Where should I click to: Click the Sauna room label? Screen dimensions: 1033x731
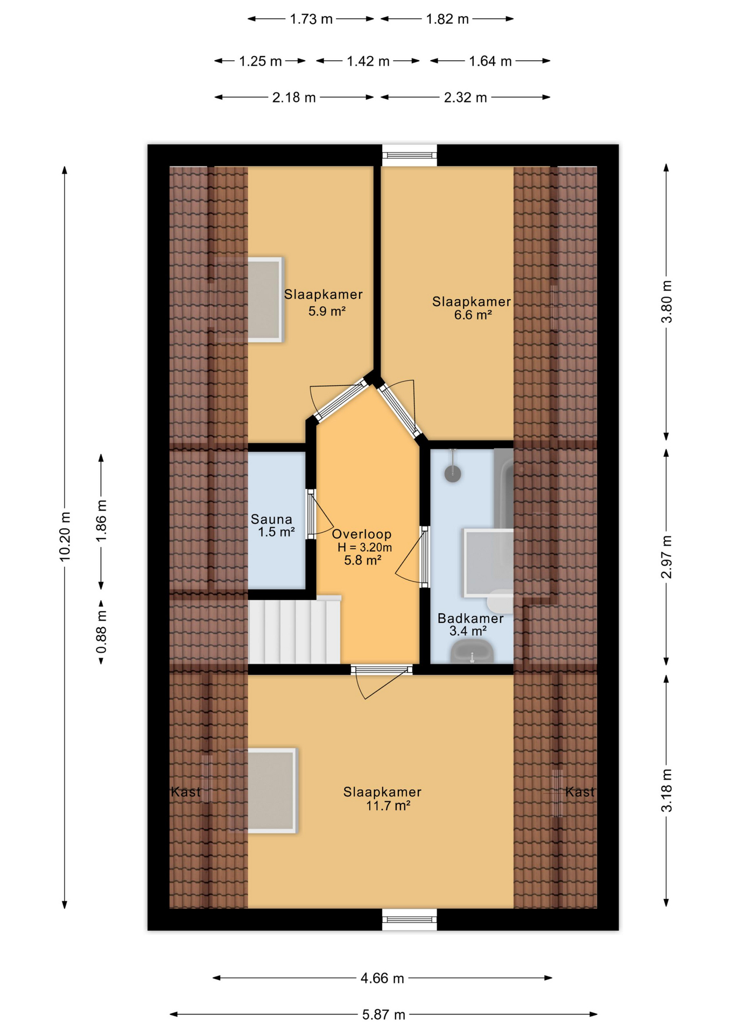(x=272, y=526)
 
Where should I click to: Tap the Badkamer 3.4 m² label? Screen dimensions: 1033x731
(x=469, y=624)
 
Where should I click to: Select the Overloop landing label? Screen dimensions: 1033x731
(x=362, y=547)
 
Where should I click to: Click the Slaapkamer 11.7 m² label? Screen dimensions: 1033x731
(x=382, y=798)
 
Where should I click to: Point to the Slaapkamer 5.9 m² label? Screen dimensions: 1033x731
(x=324, y=302)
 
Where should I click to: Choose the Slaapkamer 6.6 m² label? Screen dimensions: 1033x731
(x=472, y=308)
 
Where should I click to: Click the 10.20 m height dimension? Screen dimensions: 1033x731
(x=65, y=536)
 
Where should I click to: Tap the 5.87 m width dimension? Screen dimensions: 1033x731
(x=383, y=1015)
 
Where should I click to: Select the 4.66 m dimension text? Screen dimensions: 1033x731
(x=382, y=978)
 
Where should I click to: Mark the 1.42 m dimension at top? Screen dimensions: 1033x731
(x=368, y=61)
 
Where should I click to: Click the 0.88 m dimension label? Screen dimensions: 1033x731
(x=101, y=632)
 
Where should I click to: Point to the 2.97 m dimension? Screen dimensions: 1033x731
(x=666, y=557)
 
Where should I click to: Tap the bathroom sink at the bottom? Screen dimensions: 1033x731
(x=472, y=652)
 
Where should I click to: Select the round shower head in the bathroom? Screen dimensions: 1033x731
(x=453, y=473)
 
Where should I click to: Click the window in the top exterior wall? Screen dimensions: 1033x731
(x=409, y=155)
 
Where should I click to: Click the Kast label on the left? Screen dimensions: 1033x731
(x=185, y=792)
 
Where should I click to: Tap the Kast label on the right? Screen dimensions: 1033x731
(x=580, y=792)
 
